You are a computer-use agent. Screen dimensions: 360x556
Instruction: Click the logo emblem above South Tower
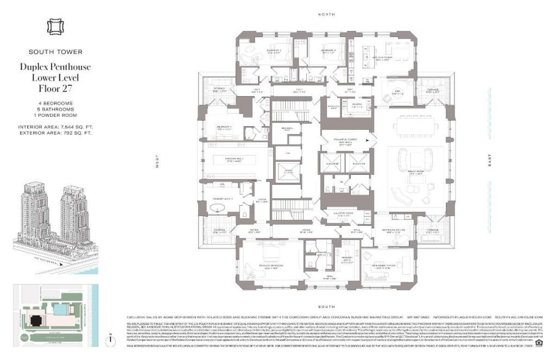tap(55, 27)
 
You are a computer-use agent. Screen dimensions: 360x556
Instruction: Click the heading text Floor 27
tap(55, 88)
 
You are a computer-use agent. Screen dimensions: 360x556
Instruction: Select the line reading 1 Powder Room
tap(55, 115)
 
